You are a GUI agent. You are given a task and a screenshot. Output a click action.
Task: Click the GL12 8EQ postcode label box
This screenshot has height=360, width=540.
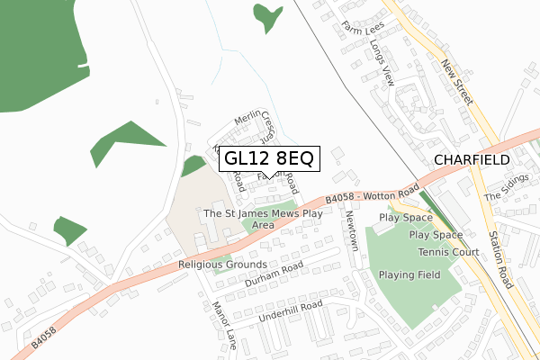268,159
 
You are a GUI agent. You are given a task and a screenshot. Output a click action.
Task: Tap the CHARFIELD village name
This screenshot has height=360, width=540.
472,159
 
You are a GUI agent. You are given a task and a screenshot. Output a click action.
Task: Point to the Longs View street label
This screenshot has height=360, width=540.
382,67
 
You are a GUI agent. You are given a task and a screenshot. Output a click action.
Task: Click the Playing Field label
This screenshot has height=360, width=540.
409,274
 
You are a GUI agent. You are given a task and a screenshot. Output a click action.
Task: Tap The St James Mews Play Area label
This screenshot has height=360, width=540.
263,219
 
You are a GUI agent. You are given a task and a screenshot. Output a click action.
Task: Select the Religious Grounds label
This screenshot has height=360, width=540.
222,265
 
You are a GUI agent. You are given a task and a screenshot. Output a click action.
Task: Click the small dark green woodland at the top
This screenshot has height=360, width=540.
266,15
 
